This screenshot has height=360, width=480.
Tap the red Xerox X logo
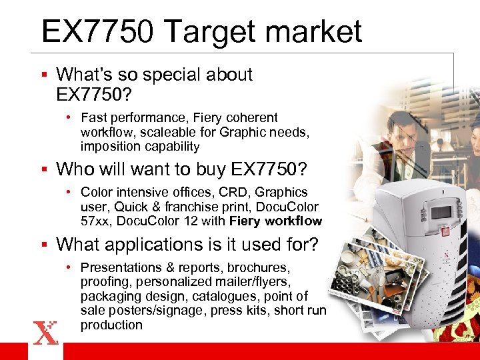(x=45, y=331)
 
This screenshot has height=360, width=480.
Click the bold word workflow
(x=293, y=221)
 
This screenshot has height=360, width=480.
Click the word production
(x=111, y=325)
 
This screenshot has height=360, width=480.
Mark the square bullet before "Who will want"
(x=45, y=169)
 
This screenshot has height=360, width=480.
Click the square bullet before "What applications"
(x=45, y=245)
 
